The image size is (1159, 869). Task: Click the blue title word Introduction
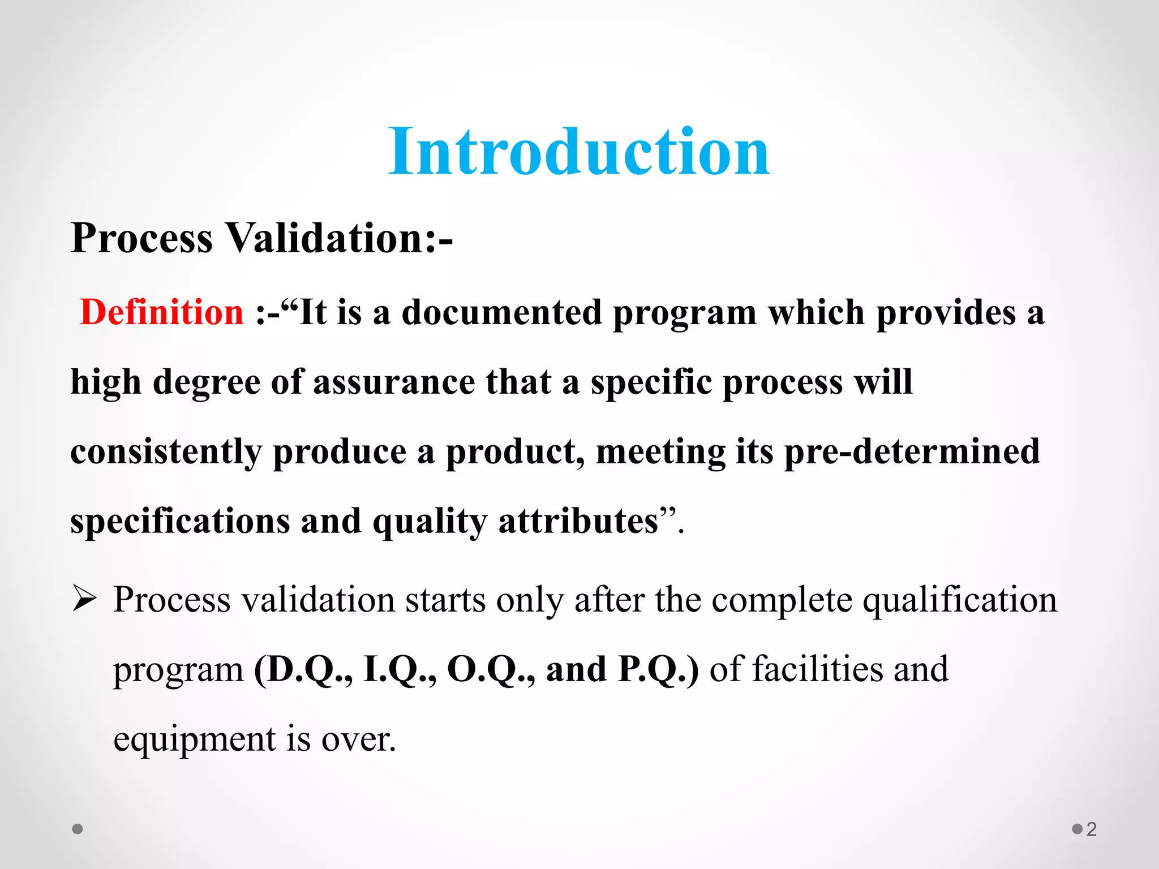click(578, 152)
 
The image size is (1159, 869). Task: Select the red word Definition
click(162, 312)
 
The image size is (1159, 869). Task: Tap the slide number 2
click(1092, 829)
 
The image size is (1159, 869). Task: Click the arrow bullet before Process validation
click(85, 599)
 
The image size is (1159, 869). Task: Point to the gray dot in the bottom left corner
click(78, 829)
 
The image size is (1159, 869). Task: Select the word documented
click(501, 312)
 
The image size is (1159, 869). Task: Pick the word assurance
click(394, 382)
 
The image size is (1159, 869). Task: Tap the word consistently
click(166, 451)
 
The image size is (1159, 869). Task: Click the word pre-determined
click(912, 451)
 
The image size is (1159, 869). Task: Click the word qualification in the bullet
click(959, 600)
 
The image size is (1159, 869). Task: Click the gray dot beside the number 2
click(1077, 829)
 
